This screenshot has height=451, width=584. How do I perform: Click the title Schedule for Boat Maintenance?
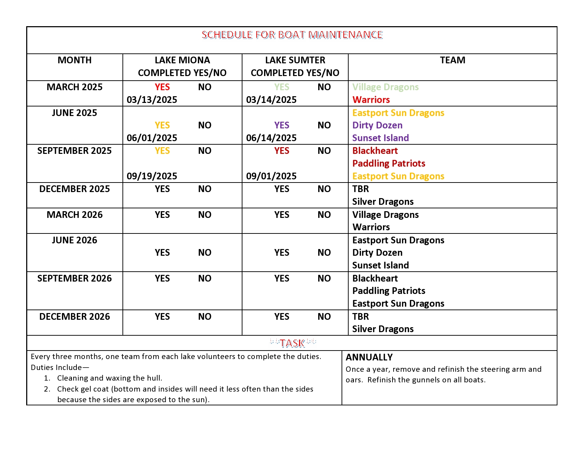[292, 35]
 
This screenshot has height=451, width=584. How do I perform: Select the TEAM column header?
[452, 60]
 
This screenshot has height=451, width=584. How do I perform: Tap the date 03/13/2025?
[152, 100]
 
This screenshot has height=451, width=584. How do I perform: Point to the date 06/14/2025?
[271, 138]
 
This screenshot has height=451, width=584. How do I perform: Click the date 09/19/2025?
[152, 176]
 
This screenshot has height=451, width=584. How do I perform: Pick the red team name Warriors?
[371, 100]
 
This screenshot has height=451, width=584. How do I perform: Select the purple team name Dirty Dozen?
[377, 125]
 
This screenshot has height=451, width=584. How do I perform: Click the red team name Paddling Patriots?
[389, 163]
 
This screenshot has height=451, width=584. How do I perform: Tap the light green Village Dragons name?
[385, 87]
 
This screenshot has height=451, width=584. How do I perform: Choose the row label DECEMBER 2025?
[74, 189]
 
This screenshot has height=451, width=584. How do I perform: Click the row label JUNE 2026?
[74, 240]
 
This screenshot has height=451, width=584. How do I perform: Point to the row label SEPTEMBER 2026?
[74, 278]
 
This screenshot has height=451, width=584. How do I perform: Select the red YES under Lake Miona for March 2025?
[162, 87]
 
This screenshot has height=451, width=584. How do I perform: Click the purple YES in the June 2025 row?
[282, 125]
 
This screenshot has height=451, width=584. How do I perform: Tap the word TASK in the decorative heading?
[292, 343]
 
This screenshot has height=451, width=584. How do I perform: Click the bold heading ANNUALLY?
[369, 357]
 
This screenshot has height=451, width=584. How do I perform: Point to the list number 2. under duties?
[47, 389]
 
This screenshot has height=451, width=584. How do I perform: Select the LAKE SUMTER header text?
[295, 60]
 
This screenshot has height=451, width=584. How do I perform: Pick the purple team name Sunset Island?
[380, 138]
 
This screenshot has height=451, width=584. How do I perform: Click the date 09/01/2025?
[271, 176]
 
